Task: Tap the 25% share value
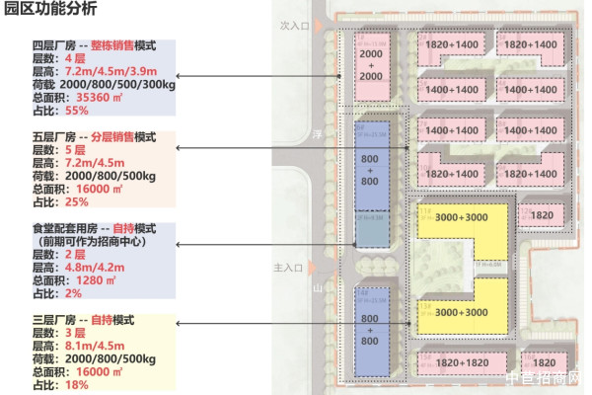coord(77,202)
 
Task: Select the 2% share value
coord(73,293)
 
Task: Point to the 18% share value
coord(77,385)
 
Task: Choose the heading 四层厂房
coord(54,46)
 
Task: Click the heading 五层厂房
coord(54,137)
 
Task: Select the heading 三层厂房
coord(54,321)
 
